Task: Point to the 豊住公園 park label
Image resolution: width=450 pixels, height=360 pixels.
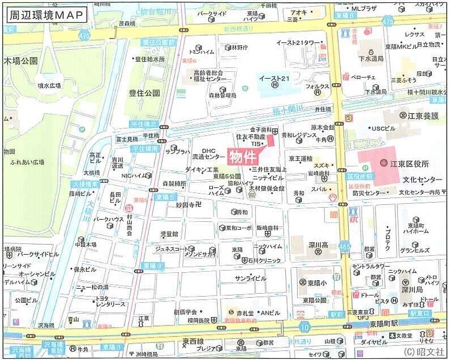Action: point(144,92)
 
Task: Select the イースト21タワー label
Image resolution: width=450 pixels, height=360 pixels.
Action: point(298,43)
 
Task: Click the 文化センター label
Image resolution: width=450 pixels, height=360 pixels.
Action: point(422,179)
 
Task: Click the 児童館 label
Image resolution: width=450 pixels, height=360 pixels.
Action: point(169,233)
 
